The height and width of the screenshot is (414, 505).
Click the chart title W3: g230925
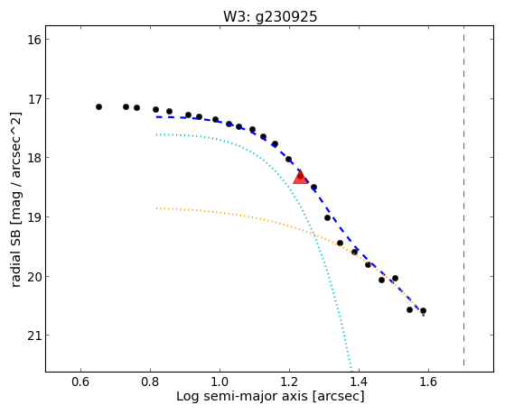pos(270,17)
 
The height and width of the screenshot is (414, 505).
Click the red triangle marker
pos(301,177)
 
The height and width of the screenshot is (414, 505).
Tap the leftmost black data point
pos(98,106)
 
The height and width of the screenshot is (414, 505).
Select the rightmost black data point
pos(423,311)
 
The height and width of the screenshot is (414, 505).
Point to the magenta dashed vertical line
pos(463,196)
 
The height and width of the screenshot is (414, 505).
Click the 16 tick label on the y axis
pos(33,40)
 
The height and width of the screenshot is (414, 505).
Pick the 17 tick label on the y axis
pos(33,99)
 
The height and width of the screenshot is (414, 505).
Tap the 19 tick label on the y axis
pos(33,217)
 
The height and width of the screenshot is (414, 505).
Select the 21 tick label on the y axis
pos(33,336)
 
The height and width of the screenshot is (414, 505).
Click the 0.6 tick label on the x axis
pos(80,382)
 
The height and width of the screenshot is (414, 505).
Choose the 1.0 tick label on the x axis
pos(220,382)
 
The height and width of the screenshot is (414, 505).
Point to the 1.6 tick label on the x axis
pos(428,382)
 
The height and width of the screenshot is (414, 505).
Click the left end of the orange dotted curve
pos(156,208)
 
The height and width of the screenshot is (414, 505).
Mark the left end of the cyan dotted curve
pos(156,134)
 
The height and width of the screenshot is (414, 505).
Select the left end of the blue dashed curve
pos(156,116)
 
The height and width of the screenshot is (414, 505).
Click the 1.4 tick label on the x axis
pos(359,382)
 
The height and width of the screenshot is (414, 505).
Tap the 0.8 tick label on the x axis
pos(150,382)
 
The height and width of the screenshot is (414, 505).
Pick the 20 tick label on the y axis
pos(33,277)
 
